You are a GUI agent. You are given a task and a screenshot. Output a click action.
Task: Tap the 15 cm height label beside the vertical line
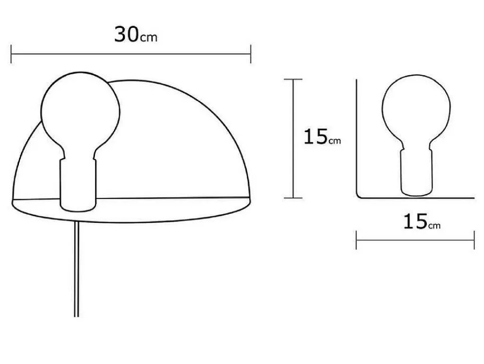[x=322, y=137]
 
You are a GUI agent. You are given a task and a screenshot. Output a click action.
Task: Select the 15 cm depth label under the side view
[x=422, y=221]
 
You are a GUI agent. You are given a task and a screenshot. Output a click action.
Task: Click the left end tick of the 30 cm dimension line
[x=11, y=54]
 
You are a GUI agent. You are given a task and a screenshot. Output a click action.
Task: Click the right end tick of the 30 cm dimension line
[x=251, y=54]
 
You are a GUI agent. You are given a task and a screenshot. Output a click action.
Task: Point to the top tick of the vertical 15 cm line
[x=293, y=80]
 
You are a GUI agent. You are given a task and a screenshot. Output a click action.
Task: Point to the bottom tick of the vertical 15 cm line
[x=293, y=198]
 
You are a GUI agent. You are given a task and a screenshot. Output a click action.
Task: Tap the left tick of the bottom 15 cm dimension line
[x=356, y=240]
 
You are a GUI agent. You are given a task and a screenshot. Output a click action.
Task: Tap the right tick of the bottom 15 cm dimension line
[x=474, y=240]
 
